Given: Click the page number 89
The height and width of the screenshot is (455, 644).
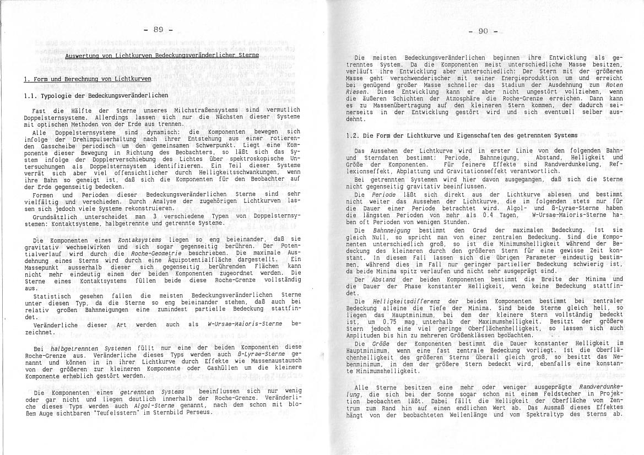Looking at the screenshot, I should pos(158,30).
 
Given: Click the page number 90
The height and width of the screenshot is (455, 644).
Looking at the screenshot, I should pos(483,31).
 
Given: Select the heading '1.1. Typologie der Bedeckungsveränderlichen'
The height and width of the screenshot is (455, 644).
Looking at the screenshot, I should pos(96,95).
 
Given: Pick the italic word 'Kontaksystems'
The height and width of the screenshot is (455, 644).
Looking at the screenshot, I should pos(140,240).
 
